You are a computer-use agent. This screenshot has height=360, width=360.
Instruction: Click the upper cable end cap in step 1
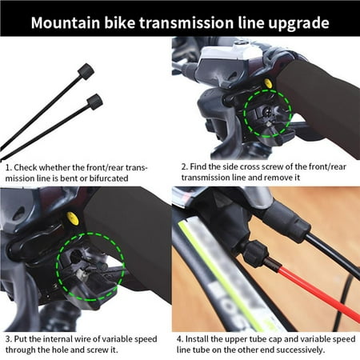[86, 72]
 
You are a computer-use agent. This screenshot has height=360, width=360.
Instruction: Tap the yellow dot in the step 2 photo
[266, 82]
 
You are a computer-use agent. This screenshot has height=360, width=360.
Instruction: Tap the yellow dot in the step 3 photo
[73, 218]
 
